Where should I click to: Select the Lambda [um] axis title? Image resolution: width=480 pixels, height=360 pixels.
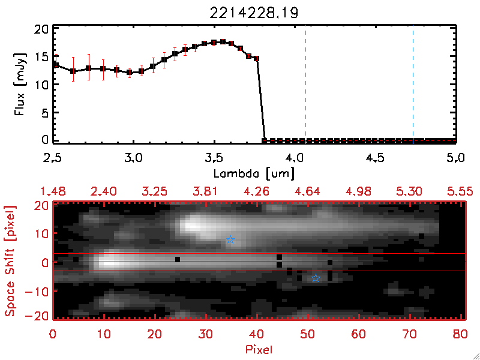[x=255, y=172]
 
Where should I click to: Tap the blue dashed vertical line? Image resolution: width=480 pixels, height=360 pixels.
[x=413, y=84]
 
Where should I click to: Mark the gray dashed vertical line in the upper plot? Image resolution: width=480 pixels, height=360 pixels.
[x=306, y=84]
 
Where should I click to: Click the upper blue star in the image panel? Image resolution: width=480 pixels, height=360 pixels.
[x=230, y=240]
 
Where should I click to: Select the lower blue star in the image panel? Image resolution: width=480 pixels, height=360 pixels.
[x=316, y=278]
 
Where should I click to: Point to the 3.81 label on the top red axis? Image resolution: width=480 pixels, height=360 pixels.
[x=206, y=191]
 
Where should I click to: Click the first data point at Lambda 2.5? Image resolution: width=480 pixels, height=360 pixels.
[x=55, y=64]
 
